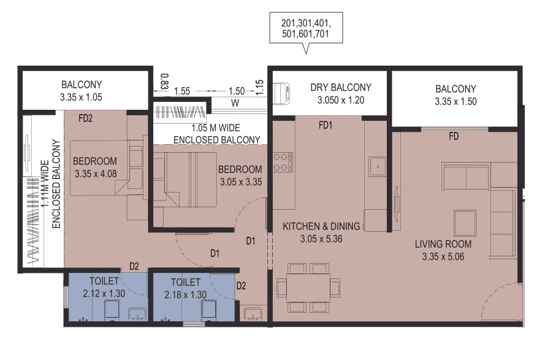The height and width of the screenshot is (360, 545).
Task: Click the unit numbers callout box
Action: [305, 29]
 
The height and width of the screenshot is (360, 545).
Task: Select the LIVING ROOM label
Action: [443, 244]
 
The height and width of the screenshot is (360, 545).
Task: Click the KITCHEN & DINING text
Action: [321, 226]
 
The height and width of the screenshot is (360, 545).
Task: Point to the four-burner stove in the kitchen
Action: [283, 162]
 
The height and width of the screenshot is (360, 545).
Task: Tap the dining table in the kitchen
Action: [308, 287]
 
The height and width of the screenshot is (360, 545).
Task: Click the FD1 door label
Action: [325, 126]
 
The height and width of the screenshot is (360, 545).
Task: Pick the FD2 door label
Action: [85, 118]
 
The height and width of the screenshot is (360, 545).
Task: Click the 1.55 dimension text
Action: [181, 91]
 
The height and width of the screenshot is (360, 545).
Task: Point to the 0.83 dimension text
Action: [164, 80]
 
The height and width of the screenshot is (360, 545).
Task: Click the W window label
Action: [234, 103]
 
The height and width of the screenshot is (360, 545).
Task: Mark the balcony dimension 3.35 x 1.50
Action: [455, 102]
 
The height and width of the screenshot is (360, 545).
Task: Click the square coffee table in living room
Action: [465, 223]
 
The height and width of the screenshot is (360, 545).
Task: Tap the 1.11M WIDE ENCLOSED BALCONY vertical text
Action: [50, 184]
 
